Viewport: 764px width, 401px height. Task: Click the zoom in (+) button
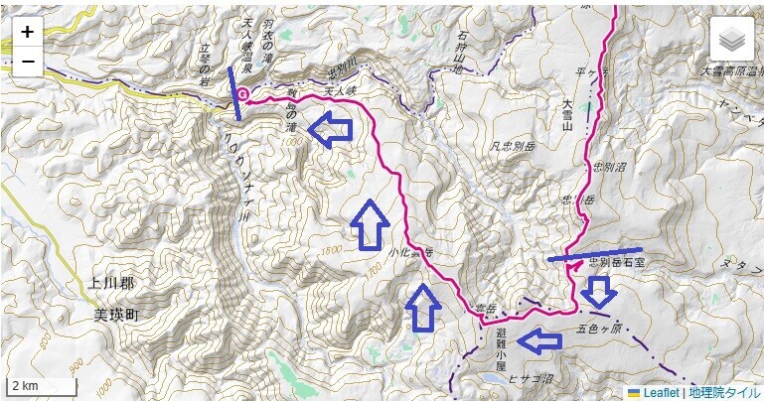27,32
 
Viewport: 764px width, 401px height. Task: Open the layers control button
731,39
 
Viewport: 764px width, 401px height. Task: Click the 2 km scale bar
41,385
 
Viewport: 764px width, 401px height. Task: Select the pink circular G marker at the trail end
243,95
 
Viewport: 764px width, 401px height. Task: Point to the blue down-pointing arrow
597,291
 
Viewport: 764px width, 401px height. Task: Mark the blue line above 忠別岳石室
594,253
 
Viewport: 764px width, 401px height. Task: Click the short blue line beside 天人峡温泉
234,85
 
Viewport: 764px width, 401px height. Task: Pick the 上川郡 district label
110,285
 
